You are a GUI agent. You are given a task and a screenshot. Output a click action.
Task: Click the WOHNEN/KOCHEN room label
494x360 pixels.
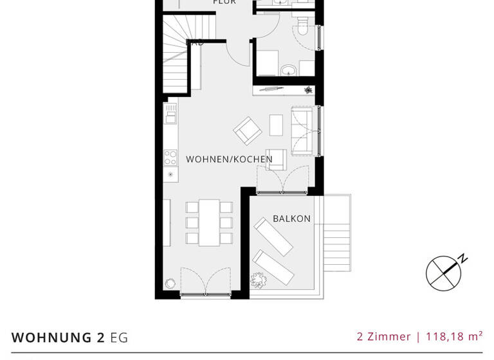pyautogui.click(x=229, y=159)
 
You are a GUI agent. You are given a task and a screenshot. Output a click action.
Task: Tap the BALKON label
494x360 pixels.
pyautogui.click(x=291, y=219)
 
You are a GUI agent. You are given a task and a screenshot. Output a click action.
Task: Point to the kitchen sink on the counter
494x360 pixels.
pyautogui.click(x=170, y=116)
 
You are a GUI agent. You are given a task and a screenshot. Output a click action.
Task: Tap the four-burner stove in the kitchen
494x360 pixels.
pyautogui.click(x=170, y=157)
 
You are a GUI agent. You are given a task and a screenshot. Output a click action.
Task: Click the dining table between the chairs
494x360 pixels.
pyautogui.click(x=208, y=222)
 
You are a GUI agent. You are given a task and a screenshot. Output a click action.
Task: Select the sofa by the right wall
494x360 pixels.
pyautogui.click(x=302, y=131)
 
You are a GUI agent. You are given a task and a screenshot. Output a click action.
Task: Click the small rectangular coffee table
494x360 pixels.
pyautogui.click(x=276, y=125)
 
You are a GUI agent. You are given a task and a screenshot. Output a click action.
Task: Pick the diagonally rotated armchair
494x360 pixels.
pyautogui.click(x=247, y=130)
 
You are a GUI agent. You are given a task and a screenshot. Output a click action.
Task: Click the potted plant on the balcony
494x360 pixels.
pyautogui.click(x=259, y=280)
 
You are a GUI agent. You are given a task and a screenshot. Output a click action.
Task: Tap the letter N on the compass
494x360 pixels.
pyautogui.click(x=463, y=259)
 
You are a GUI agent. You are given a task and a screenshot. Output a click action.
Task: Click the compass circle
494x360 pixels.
pyautogui.click(x=444, y=273)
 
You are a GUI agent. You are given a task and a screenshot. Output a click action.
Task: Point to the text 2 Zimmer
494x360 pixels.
pyautogui.click(x=383, y=336)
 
